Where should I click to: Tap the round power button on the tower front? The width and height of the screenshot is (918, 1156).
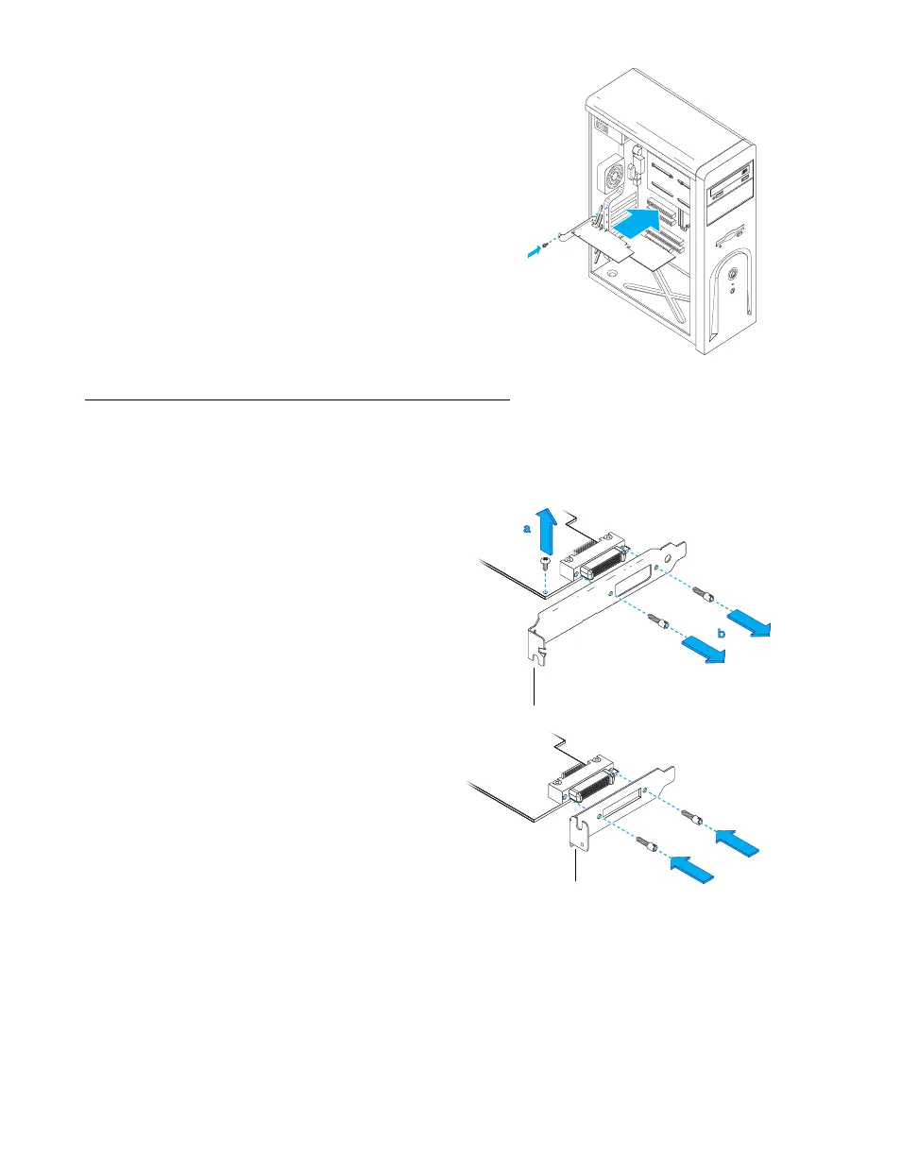coord(734,277)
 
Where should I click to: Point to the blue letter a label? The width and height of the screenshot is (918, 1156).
coord(527,531)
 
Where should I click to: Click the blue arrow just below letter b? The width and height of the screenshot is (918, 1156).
coord(704,652)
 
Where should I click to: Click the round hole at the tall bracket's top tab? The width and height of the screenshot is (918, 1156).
coord(670,557)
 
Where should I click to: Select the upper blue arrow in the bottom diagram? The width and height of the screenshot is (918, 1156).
coord(737,838)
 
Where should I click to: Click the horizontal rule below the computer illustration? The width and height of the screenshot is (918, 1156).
coord(297,399)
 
